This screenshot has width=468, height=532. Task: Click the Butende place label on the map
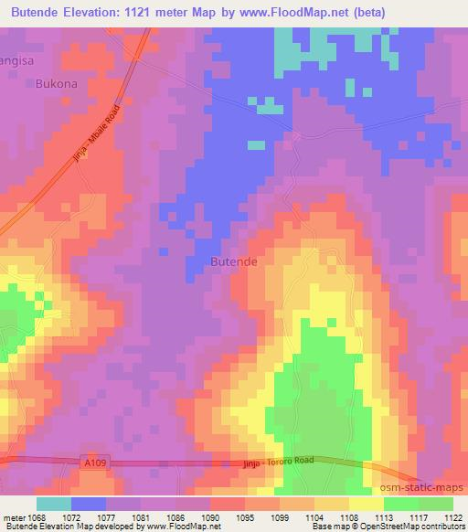tap(234, 261)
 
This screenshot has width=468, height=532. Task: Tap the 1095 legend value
tap(244, 516)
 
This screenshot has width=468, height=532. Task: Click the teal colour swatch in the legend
tap(54, 504)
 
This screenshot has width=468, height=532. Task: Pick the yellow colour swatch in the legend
tap(367, 504)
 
